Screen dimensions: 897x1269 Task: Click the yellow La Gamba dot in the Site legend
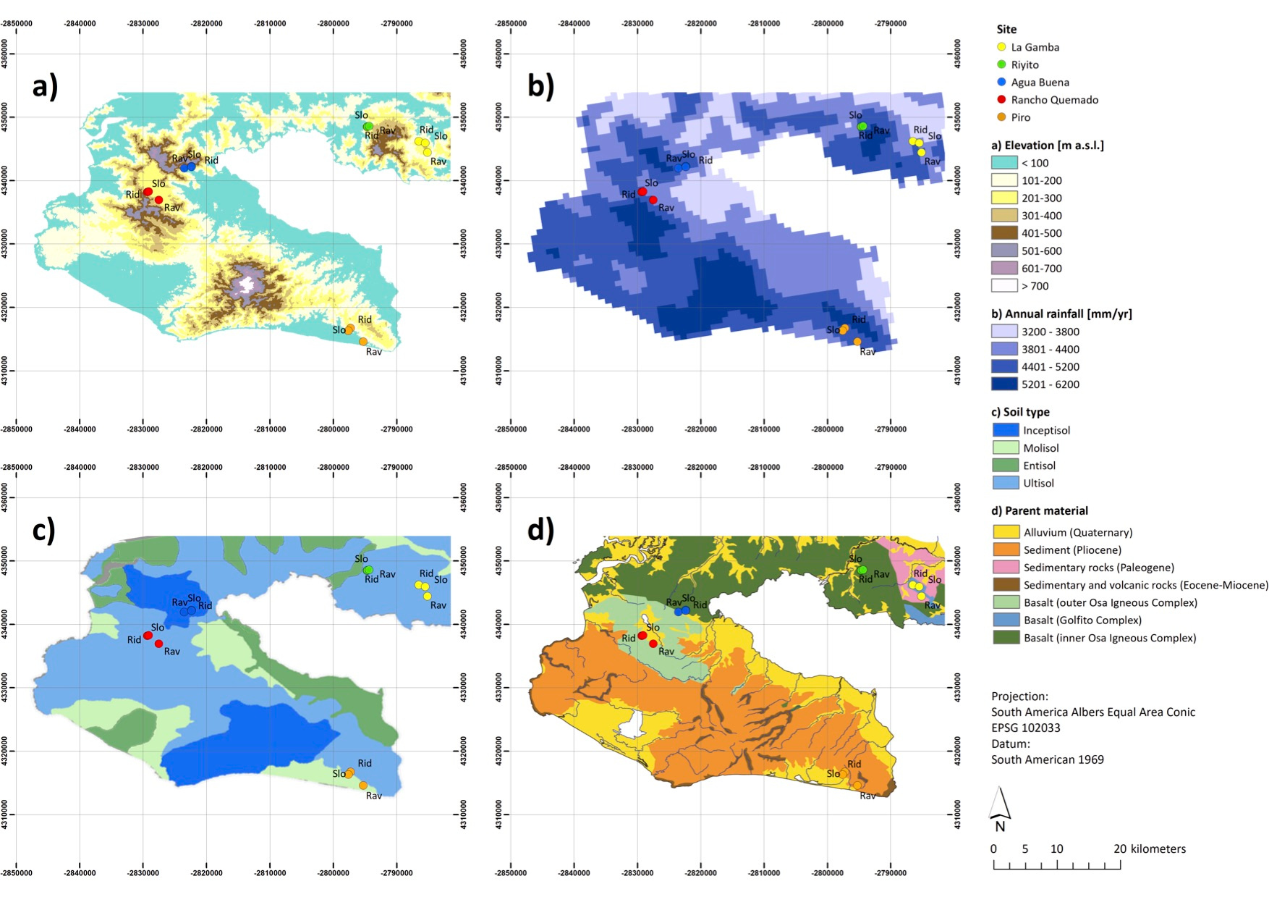(1001, 47)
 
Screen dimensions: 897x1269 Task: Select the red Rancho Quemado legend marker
(1001, 100)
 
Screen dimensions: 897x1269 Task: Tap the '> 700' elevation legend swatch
(1004, 286)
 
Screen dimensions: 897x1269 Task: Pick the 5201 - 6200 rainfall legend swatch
(1004, 384)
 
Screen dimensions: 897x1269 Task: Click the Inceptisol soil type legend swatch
(1006, 430)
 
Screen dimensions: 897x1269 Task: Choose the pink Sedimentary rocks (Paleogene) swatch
(1006, 568)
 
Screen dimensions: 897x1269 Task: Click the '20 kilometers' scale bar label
(1149, 848)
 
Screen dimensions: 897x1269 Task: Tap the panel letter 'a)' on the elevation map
(45, 87)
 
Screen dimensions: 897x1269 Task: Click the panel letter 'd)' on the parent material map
(540, 531)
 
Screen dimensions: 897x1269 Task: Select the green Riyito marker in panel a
(368, 126)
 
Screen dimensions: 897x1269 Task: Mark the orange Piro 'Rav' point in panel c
(363, 786)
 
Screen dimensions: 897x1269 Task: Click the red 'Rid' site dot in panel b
(642, 192)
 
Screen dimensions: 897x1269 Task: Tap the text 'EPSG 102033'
(1025, 728)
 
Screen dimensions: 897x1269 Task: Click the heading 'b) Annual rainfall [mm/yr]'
(1061, 314)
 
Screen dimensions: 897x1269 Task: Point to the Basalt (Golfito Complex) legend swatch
(1006, 620)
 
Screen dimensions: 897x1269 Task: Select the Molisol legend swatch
(1006, 448)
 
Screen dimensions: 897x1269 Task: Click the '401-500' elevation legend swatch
(1004, 233)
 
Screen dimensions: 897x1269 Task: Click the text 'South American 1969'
(1047, 759)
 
